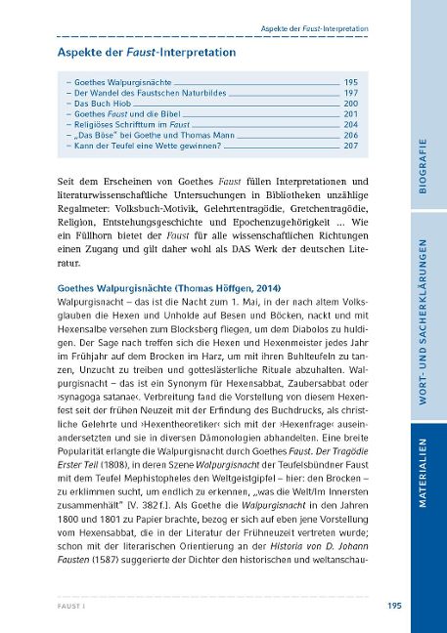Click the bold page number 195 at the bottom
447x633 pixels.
coord(394,606)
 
